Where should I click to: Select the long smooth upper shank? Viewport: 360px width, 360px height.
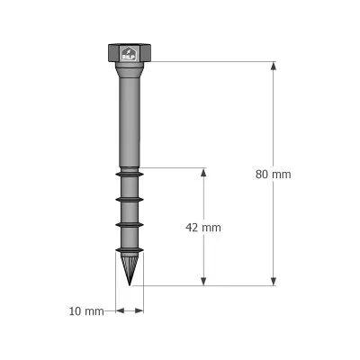(129, 117)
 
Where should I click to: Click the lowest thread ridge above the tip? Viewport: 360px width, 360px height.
(130, 250)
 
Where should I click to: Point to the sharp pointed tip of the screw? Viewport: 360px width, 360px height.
(130, 282)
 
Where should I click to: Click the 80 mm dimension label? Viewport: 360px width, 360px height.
(274, 175)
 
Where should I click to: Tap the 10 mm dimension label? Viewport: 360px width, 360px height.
(86, 311)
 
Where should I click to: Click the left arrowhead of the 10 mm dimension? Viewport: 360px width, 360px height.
(119, 311)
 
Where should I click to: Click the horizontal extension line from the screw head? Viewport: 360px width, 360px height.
(207, 62)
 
